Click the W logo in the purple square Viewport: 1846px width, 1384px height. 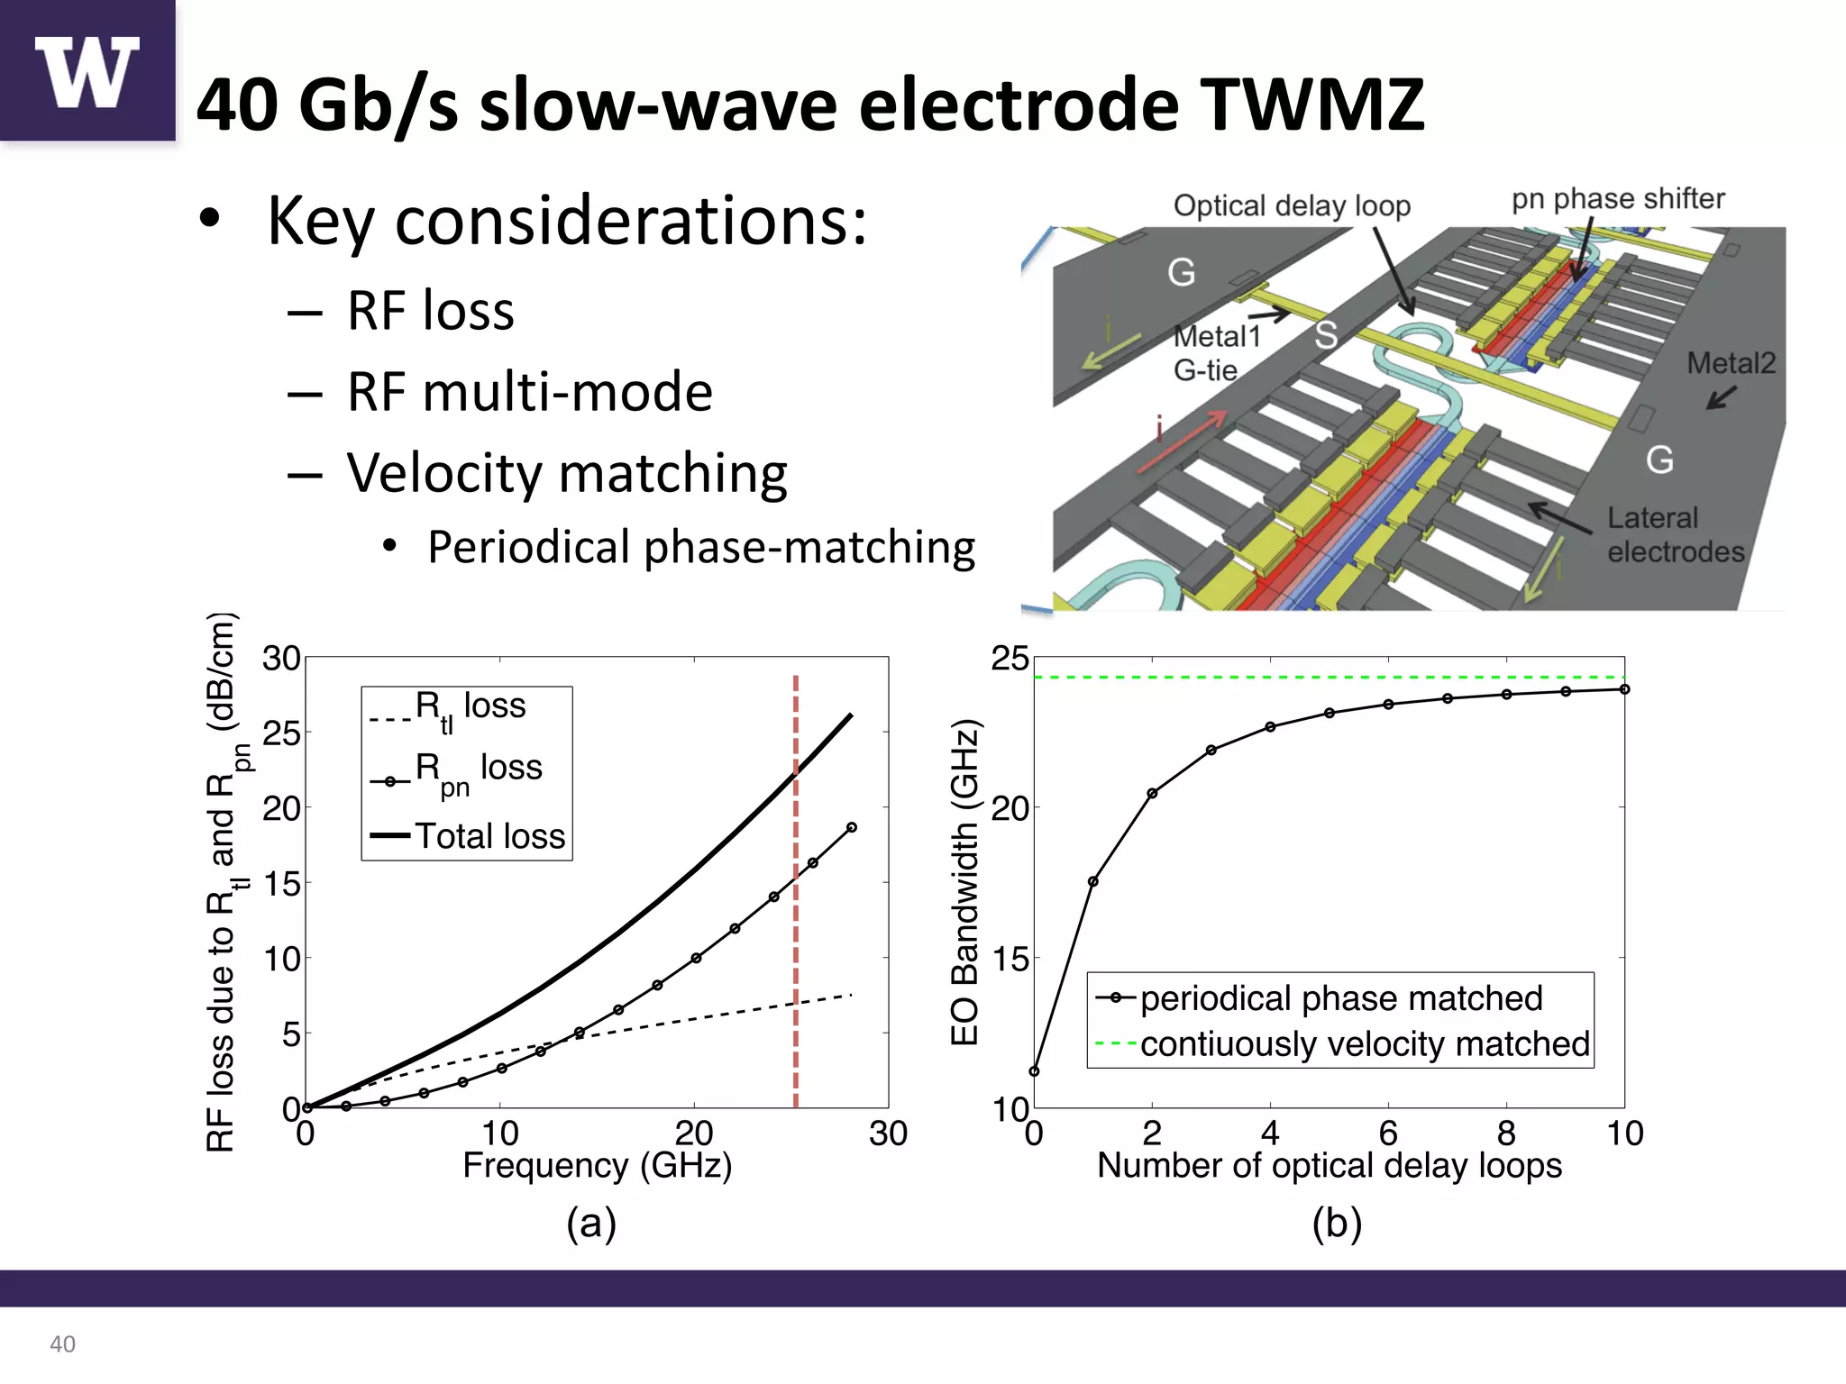click(87, 72)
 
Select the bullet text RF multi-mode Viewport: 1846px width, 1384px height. click(530, 392)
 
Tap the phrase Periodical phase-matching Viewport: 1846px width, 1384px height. click(701, 547)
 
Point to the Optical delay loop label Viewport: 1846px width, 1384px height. click(1291, 206)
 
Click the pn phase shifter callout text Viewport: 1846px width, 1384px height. click(1617, 198)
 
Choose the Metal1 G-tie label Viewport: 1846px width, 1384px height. click(1216, 352)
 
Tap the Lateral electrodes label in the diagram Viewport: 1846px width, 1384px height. click(1675, 534)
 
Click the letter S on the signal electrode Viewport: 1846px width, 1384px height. click(1325, 335)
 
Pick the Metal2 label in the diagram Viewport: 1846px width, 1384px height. click(1730, 363)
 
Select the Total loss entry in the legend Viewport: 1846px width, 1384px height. click(489, 836)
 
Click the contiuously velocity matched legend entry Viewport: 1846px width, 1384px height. click(1364, 1044)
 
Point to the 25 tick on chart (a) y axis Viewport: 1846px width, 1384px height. click(281, 733)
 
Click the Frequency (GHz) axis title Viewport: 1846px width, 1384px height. click(597, 1165)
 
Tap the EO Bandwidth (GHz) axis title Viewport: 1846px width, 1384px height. click(964, 882)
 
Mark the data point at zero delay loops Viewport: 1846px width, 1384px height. click(1034, 1071)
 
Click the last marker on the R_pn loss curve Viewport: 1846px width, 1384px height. click(852, 827)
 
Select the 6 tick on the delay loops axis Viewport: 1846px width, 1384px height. click(1388, 1133)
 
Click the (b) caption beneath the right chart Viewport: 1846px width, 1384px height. click(1336, 1224)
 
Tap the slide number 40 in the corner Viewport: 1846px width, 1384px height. click(62, 1343)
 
